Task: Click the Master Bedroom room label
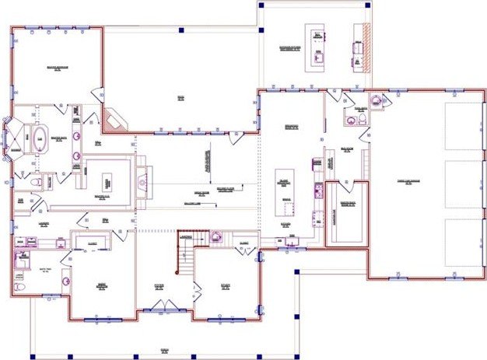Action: (58, 68)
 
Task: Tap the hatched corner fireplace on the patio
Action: (114, 119)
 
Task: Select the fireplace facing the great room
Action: (141, 181)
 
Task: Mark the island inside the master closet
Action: (107, 178)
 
